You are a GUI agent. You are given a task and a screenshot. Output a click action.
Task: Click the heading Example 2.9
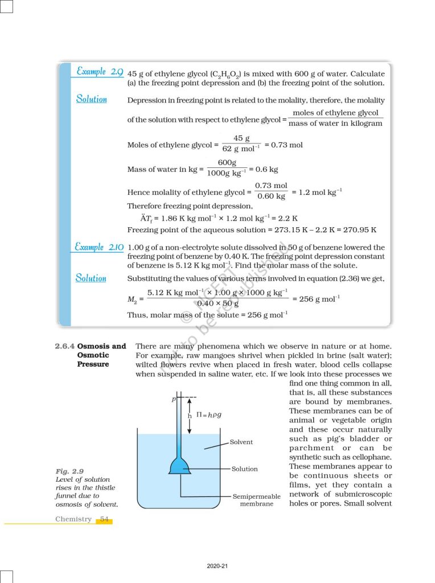point(100,72)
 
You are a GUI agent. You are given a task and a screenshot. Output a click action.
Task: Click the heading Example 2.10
point(100,247)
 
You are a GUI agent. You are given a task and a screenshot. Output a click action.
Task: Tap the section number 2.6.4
point(64,346)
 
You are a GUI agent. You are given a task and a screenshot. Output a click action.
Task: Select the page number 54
point(104,519)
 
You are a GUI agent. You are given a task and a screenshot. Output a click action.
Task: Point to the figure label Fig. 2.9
point(70,471)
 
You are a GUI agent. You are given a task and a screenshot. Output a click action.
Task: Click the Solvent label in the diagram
point(241,442)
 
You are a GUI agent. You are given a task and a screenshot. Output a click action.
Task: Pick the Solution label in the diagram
point(244,469)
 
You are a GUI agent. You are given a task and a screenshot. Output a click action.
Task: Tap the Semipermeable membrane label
point(256,500)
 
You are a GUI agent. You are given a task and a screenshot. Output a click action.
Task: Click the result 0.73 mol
point(287,145)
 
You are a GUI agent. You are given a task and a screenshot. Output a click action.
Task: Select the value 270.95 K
point(359,230)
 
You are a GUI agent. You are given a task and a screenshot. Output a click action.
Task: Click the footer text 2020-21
point(217,565)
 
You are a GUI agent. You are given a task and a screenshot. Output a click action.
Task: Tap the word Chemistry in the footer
point(73,519)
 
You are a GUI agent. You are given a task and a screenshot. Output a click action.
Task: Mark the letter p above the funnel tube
point(173,399)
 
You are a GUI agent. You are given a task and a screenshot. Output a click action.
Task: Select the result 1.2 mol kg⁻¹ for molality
point(320,192)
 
